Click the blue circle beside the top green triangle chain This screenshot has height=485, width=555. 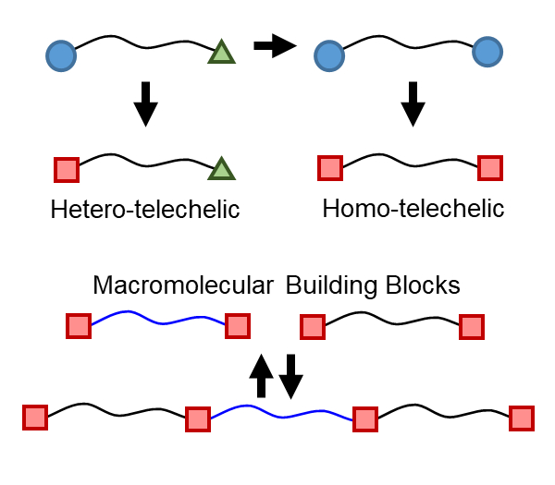pos(61,55)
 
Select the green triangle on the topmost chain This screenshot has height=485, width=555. pos(221,52)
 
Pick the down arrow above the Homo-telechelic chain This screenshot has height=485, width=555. pos(413,103)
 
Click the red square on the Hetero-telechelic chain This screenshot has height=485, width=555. pos(67,170)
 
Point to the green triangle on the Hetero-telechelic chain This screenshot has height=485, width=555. pos(221,169)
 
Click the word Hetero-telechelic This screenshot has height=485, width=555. pos(145,210)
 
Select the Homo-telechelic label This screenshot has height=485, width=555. pos(413,209)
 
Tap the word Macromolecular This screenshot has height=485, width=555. pos(183,285)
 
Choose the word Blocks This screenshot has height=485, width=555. pos(425,285)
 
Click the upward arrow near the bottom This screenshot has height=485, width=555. pos(262,375)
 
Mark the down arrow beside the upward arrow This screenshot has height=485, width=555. pos(291,375)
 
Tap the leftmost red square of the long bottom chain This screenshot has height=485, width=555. pos(35,418)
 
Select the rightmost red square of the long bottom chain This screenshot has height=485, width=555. pos(523,418)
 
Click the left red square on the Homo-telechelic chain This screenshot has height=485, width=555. pos(330,168)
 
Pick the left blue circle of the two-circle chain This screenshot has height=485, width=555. pos(329,55)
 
